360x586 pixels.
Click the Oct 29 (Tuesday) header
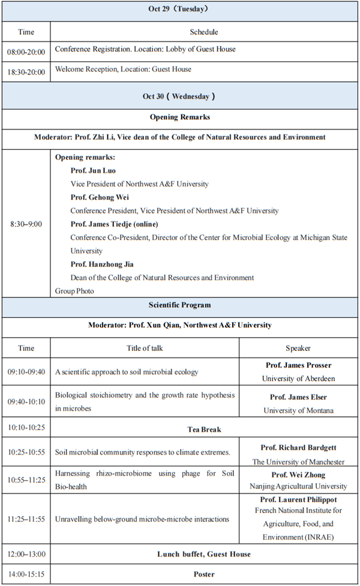pyautogui.click(x=179, y=9)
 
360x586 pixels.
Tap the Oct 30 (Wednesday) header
pyautogui.click(x=179, y=96)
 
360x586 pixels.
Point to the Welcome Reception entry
pyautogui.click(x=123, y=70)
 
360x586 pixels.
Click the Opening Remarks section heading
pyautogui.click(x=179, y=117)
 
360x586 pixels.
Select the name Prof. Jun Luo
pyautogui.click(x=93, y=171)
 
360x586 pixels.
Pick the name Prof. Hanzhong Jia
pyautogui.click(x=101, y=265)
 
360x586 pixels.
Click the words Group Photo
pyautogui.click(x=74, y=291)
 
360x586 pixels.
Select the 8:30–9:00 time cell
pyautogui.click(x=26, y=224)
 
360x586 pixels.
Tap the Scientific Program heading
pyautogui.click(x=179, y=305)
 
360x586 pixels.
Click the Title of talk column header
pyautogui.click(x=145, y=348)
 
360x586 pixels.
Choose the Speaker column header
pyautogui.click(x=298, y=348)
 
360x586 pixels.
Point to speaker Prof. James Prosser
pyautogui.click(x=298, y=365)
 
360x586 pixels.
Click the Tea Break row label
pyautogui.click(x=204, y=429)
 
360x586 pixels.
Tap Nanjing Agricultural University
pyautogui.click(x=298, y=486)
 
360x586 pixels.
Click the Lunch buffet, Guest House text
pyautogui.click(x=204, y=554)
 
